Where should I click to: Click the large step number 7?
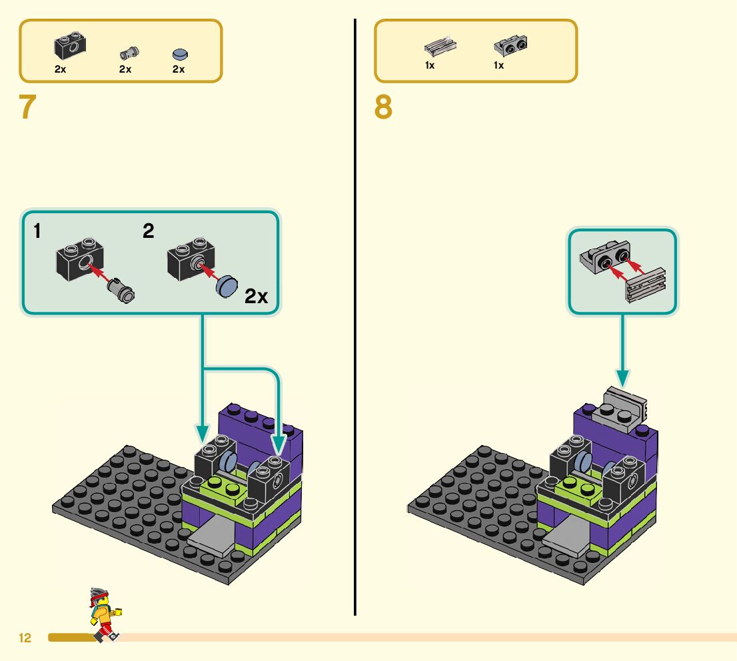tap(27, 108)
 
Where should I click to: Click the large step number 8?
tap(383, 108)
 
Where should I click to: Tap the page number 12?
tap(25, 638)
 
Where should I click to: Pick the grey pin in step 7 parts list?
tap(128, 53)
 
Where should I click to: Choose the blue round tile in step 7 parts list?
tap(179, 54)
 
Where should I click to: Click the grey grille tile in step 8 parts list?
tap(439, 47)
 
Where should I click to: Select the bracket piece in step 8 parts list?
tap(510, 46)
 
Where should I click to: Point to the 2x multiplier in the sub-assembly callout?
tap(257, 297)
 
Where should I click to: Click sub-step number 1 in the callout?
tap(37, 231)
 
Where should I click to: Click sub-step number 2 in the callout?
tap(149, 231)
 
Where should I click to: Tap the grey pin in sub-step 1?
tap(121, 291)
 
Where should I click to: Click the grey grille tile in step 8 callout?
tap(644, 285)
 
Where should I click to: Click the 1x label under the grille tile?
tap(430, 65)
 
